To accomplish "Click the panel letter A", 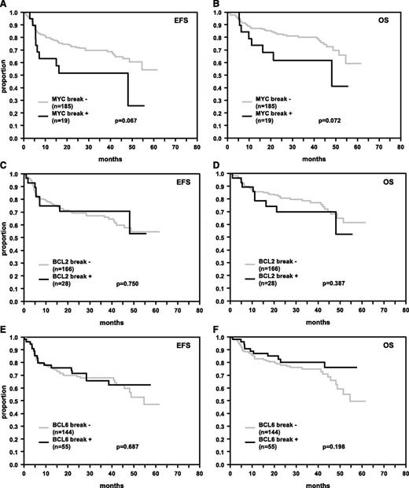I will point(4,5).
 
